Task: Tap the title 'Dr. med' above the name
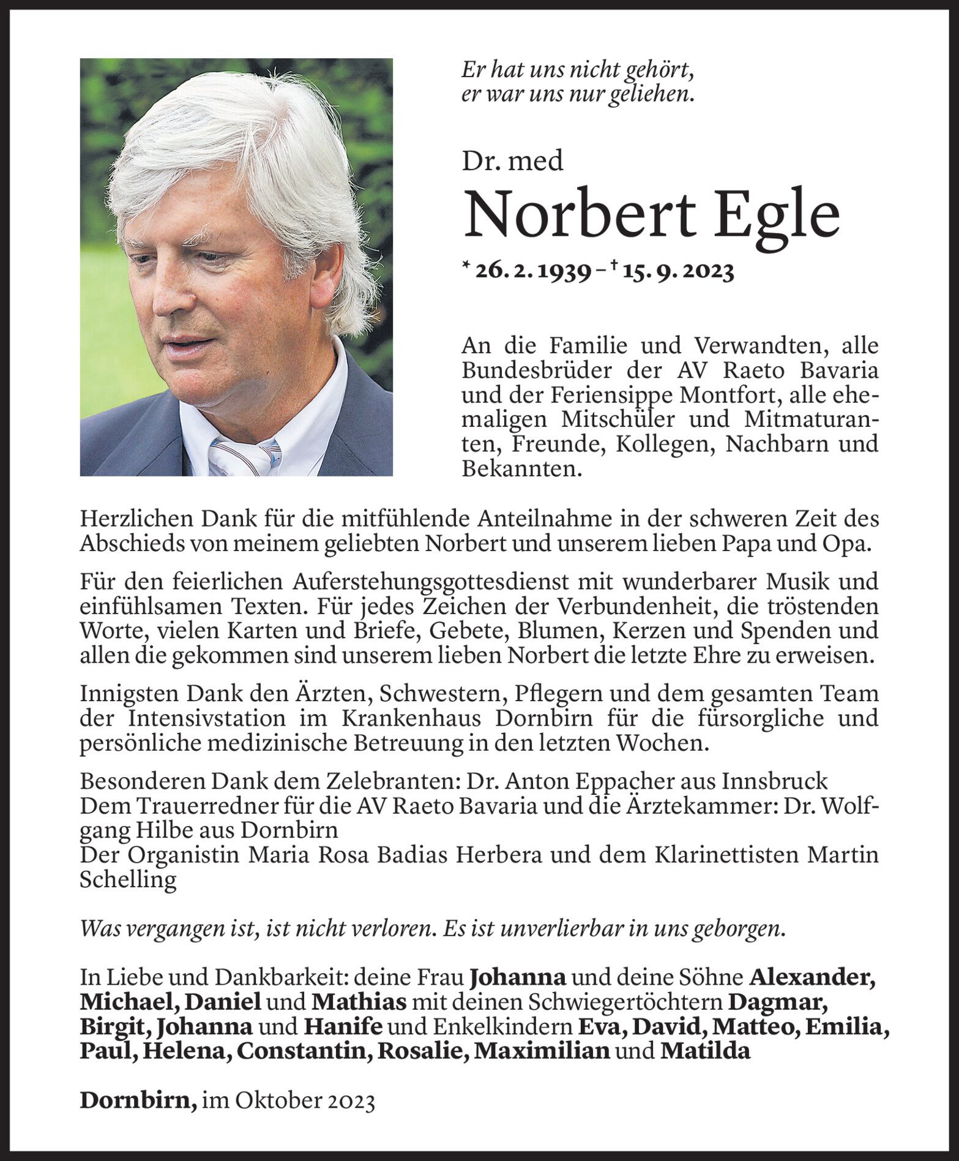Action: click(512, 161)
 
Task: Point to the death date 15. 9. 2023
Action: click(678, 271)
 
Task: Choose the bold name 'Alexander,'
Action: click(812, 977)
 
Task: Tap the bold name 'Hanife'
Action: click(343, 1026)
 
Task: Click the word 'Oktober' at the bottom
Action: click(272, 1100)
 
